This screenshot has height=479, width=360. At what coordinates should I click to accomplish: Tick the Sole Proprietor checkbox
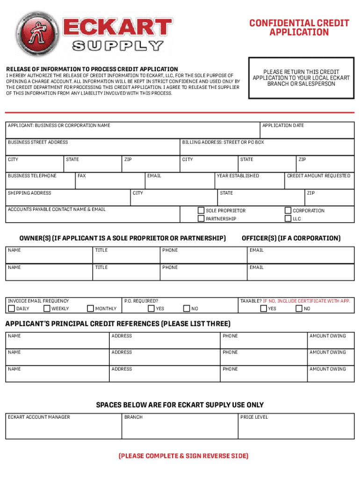pos(201,210)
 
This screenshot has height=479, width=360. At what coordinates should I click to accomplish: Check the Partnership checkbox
pos(201,218)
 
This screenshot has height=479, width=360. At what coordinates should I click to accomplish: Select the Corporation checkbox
pos(288,210)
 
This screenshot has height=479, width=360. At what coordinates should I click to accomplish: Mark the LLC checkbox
pos(288,218)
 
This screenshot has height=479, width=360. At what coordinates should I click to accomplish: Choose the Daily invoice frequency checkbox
pos(11,308)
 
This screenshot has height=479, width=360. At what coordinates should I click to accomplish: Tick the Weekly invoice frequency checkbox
pos(47,308)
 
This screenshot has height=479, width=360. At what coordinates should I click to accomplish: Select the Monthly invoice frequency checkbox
pos(90,308)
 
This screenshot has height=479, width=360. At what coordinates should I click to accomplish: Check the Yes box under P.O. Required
pos(151,308)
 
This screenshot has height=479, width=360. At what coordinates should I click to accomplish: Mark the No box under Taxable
pos(299,308)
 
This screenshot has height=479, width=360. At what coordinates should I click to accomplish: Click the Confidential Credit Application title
pos(299,28)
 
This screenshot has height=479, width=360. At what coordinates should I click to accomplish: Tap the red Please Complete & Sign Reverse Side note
pos(183,456)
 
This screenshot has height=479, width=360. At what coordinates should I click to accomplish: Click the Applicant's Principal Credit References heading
pos(117,324)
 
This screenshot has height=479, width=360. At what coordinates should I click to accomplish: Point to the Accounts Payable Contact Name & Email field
pos(93,214)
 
